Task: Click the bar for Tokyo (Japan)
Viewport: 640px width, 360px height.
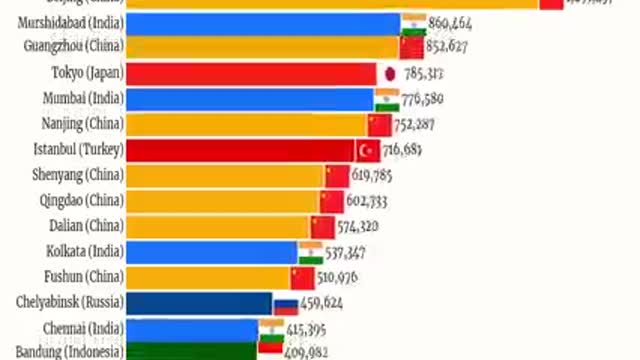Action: point(250,73)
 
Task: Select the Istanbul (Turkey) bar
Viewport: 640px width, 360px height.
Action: point(240,150)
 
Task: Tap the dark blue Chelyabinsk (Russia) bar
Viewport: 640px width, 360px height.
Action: point(200,303)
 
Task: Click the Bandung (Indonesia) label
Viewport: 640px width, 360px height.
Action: point(68,352)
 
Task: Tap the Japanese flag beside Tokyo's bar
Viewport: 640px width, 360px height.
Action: point(389,73)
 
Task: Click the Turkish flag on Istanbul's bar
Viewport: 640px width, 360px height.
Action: point(368,150)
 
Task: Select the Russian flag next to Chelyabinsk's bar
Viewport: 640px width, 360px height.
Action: point(286,303)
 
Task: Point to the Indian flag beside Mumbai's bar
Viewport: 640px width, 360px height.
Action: point(387,98)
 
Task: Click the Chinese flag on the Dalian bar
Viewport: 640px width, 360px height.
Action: point(322,227)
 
